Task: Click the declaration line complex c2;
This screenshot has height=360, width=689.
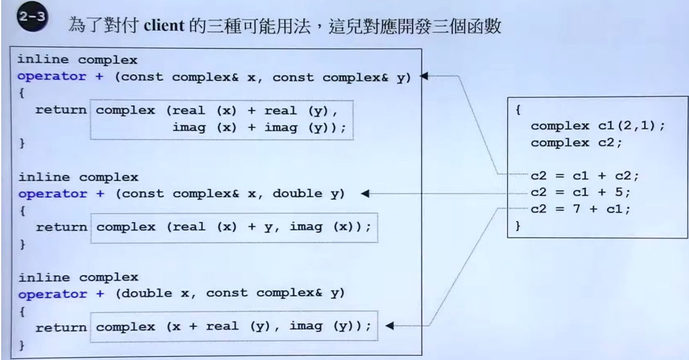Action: (x=568, y=143)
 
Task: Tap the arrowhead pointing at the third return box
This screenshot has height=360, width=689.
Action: (x=389, y=325)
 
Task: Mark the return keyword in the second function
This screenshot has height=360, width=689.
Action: (x=61, y=227)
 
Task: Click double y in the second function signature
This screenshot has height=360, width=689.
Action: (x=310, y=193)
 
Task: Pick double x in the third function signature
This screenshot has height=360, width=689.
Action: (x=155, y=293)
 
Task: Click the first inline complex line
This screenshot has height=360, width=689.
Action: (x=78, y=60)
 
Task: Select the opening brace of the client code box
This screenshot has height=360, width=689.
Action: (x=518, y=110)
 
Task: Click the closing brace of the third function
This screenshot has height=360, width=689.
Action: (x=22, y=342)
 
